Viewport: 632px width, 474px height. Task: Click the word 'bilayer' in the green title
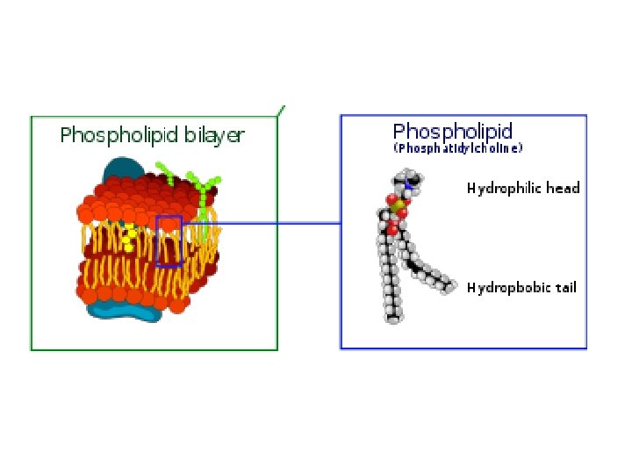pos(214,135)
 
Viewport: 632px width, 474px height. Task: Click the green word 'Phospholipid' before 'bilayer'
pos(119,135)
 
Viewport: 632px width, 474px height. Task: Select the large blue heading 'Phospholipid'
pos(452,132)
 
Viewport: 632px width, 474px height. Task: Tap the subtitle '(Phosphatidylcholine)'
pos(457,149)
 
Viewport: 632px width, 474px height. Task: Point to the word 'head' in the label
pos(563,188)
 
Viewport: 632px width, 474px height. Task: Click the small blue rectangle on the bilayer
pos(169,241)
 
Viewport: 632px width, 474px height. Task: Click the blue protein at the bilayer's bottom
pos(132,303)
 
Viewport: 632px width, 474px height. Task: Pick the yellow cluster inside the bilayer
pos(129,235)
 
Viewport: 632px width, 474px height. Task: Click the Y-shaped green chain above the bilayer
pos(207,189)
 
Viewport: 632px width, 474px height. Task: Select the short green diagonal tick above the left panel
pos(281,111)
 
